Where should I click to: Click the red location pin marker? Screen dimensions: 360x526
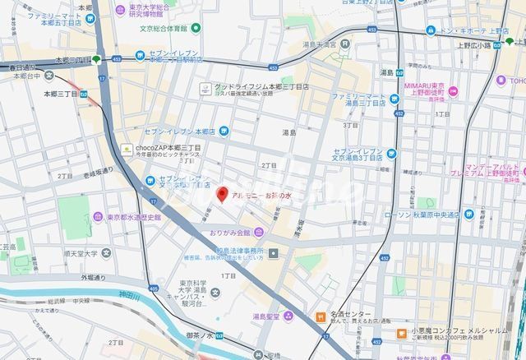tap(221, 195)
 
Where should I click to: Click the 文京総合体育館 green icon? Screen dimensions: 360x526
tap(196, 28)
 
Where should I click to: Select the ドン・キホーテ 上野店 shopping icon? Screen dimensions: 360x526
tap(430, 30)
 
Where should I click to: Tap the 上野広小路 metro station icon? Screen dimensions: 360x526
tap(510, 39)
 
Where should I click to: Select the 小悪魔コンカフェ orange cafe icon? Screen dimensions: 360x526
tap(401, 333)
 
